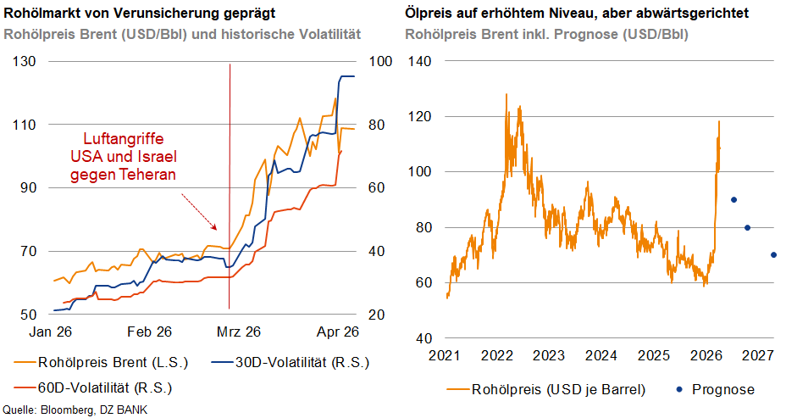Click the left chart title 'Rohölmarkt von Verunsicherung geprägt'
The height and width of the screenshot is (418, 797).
click(139, 15)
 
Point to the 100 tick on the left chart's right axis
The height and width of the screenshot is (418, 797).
click(379, 62)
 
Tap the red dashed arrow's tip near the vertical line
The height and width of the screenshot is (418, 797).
click(218, 230)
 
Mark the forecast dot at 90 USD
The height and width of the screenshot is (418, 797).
click(733, 200)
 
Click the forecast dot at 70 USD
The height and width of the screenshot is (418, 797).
click(773, 254)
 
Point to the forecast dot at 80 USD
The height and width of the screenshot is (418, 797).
click(747, 227)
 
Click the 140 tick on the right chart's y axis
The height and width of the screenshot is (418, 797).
click(422, 62)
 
